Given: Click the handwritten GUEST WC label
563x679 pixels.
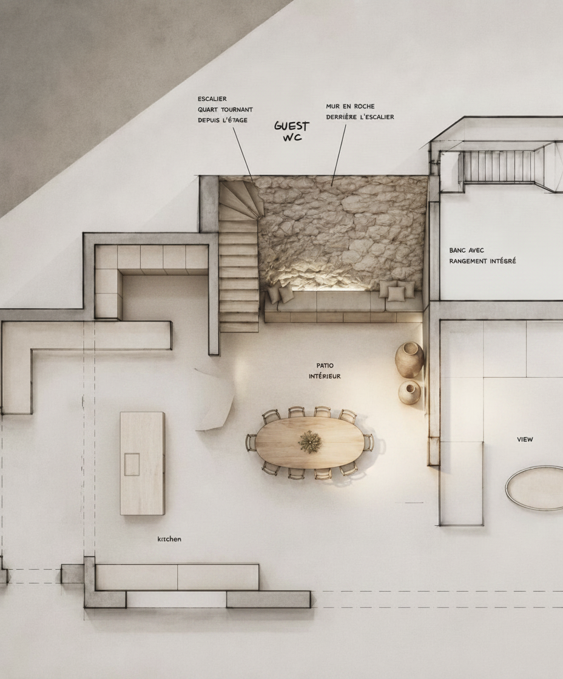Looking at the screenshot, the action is coord(292,131).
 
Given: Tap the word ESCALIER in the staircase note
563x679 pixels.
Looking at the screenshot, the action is coord(212,99).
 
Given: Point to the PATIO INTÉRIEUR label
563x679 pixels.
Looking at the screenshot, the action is coord(325,371).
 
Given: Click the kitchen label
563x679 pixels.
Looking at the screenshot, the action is coord(169,539).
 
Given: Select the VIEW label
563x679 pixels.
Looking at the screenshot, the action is coord(525,439).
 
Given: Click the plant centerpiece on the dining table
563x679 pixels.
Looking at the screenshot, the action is coord(311,442).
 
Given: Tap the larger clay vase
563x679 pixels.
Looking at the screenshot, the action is coord(409,358).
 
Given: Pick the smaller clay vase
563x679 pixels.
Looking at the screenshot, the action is coord(409,392).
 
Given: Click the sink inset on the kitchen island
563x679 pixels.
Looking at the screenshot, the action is coord(132,464).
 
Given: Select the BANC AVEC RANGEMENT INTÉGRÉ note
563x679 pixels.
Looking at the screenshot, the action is coord(482,255).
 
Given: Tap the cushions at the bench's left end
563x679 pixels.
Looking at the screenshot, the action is coord(280,294).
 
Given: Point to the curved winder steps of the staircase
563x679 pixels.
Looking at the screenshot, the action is coord(241,200).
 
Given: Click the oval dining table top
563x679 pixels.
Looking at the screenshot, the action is coord(309,443).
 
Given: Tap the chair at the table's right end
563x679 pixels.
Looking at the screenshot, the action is coord(369,442).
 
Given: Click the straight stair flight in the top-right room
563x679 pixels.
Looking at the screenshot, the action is coord(499,166).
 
